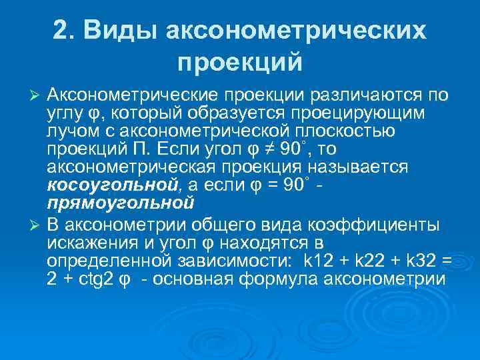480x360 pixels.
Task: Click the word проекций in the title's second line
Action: [x=240, y=63]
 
